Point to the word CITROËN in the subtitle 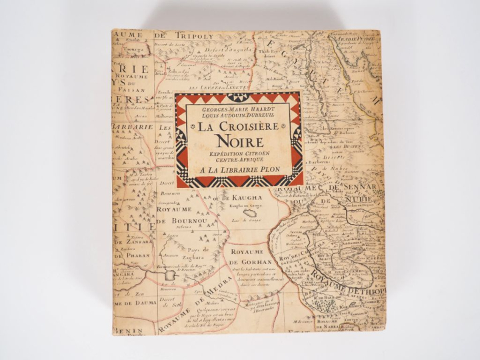coord(260,153)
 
